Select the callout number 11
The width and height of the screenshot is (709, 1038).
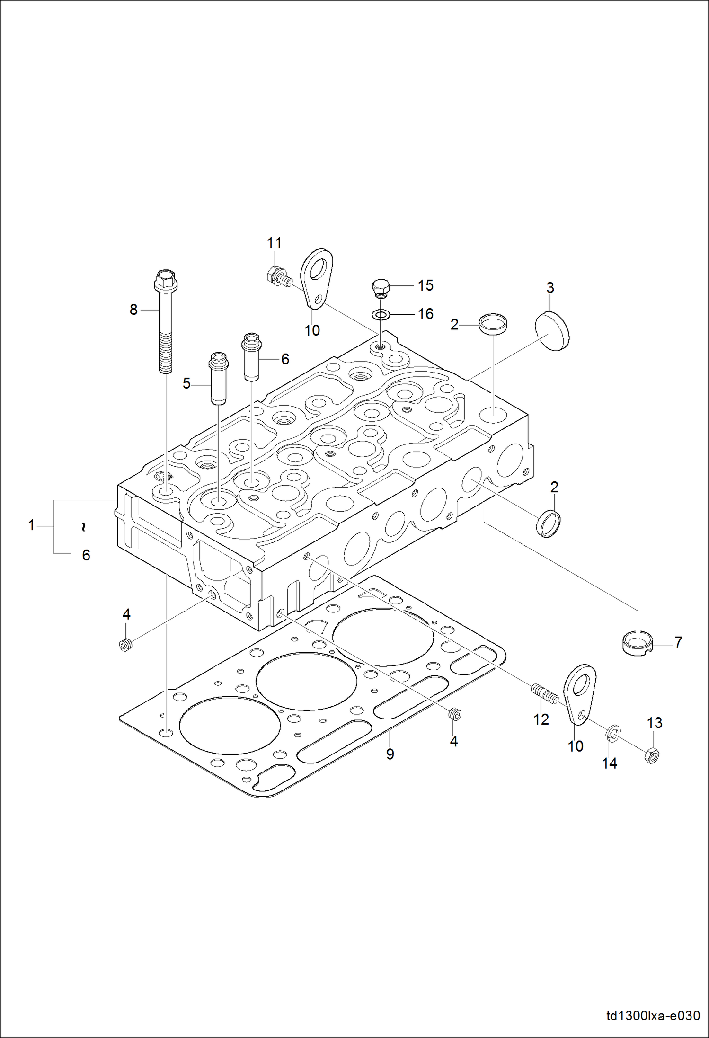(274, 243)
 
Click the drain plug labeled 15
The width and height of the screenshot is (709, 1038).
(381, 288)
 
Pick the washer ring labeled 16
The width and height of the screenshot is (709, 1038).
(381, 314)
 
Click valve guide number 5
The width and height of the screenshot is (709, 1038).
(219, 378)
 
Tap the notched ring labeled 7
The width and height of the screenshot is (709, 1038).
(637, 643)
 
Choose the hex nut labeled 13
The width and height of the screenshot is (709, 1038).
(653, 756)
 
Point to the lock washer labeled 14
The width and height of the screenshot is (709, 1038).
(612, 734)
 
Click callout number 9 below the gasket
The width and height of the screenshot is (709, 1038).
(390, 754)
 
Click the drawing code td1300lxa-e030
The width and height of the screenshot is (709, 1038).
(653, 1016)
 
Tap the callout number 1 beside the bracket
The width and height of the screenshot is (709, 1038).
(32, 525)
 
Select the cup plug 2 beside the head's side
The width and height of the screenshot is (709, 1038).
(549, 524)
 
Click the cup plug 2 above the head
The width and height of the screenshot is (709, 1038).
(493, 324)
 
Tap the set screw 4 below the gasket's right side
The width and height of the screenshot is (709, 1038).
(454, 714)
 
